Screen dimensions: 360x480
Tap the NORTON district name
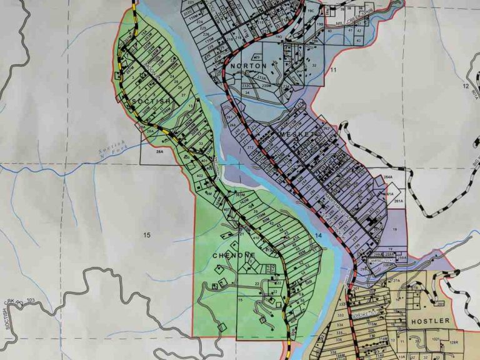coord(248,66)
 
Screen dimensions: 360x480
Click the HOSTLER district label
coord(430,321)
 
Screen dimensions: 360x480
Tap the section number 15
coord(147,235)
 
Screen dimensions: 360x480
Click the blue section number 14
coord(318,235)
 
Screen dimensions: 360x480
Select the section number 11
coord(333,70)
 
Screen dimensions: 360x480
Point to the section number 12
coord(466,85)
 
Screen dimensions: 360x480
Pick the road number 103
coord(31,301)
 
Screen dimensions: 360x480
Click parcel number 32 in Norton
coord(313,65)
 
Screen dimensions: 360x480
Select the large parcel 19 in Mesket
coord(395,230)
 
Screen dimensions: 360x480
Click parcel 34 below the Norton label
coord(247,92)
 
